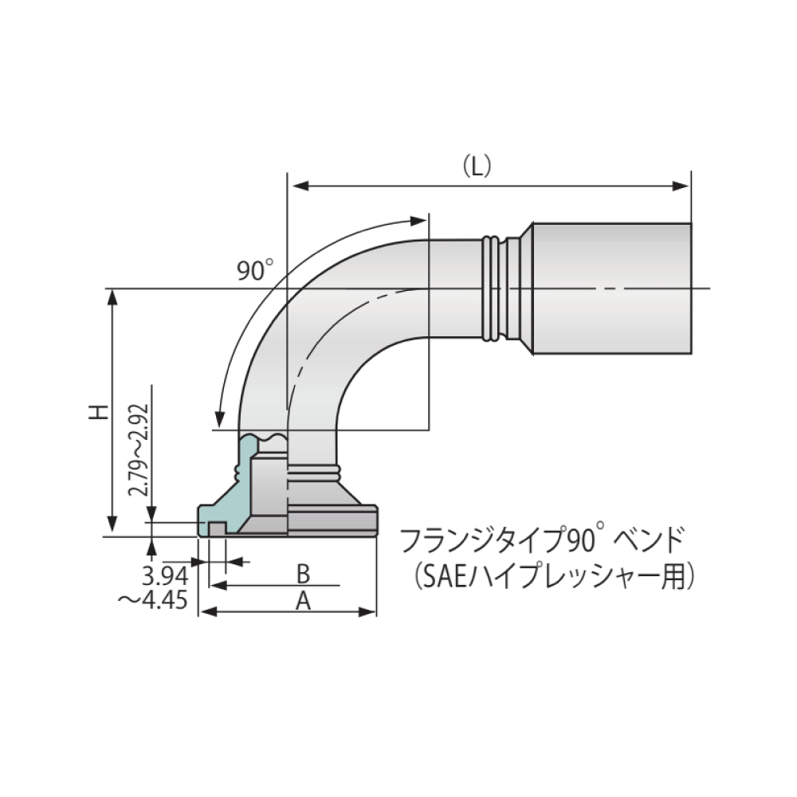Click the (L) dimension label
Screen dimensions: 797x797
(477, 166)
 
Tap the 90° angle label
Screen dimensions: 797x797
(254, 271)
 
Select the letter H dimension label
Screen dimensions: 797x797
(97, 412)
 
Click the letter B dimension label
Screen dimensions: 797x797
(303, 573)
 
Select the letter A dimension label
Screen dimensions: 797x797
(303, 601)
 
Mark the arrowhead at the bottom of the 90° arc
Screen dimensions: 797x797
(218, 418)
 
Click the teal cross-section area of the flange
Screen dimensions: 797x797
(232, 495)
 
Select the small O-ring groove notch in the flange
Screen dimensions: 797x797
(217, 528)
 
